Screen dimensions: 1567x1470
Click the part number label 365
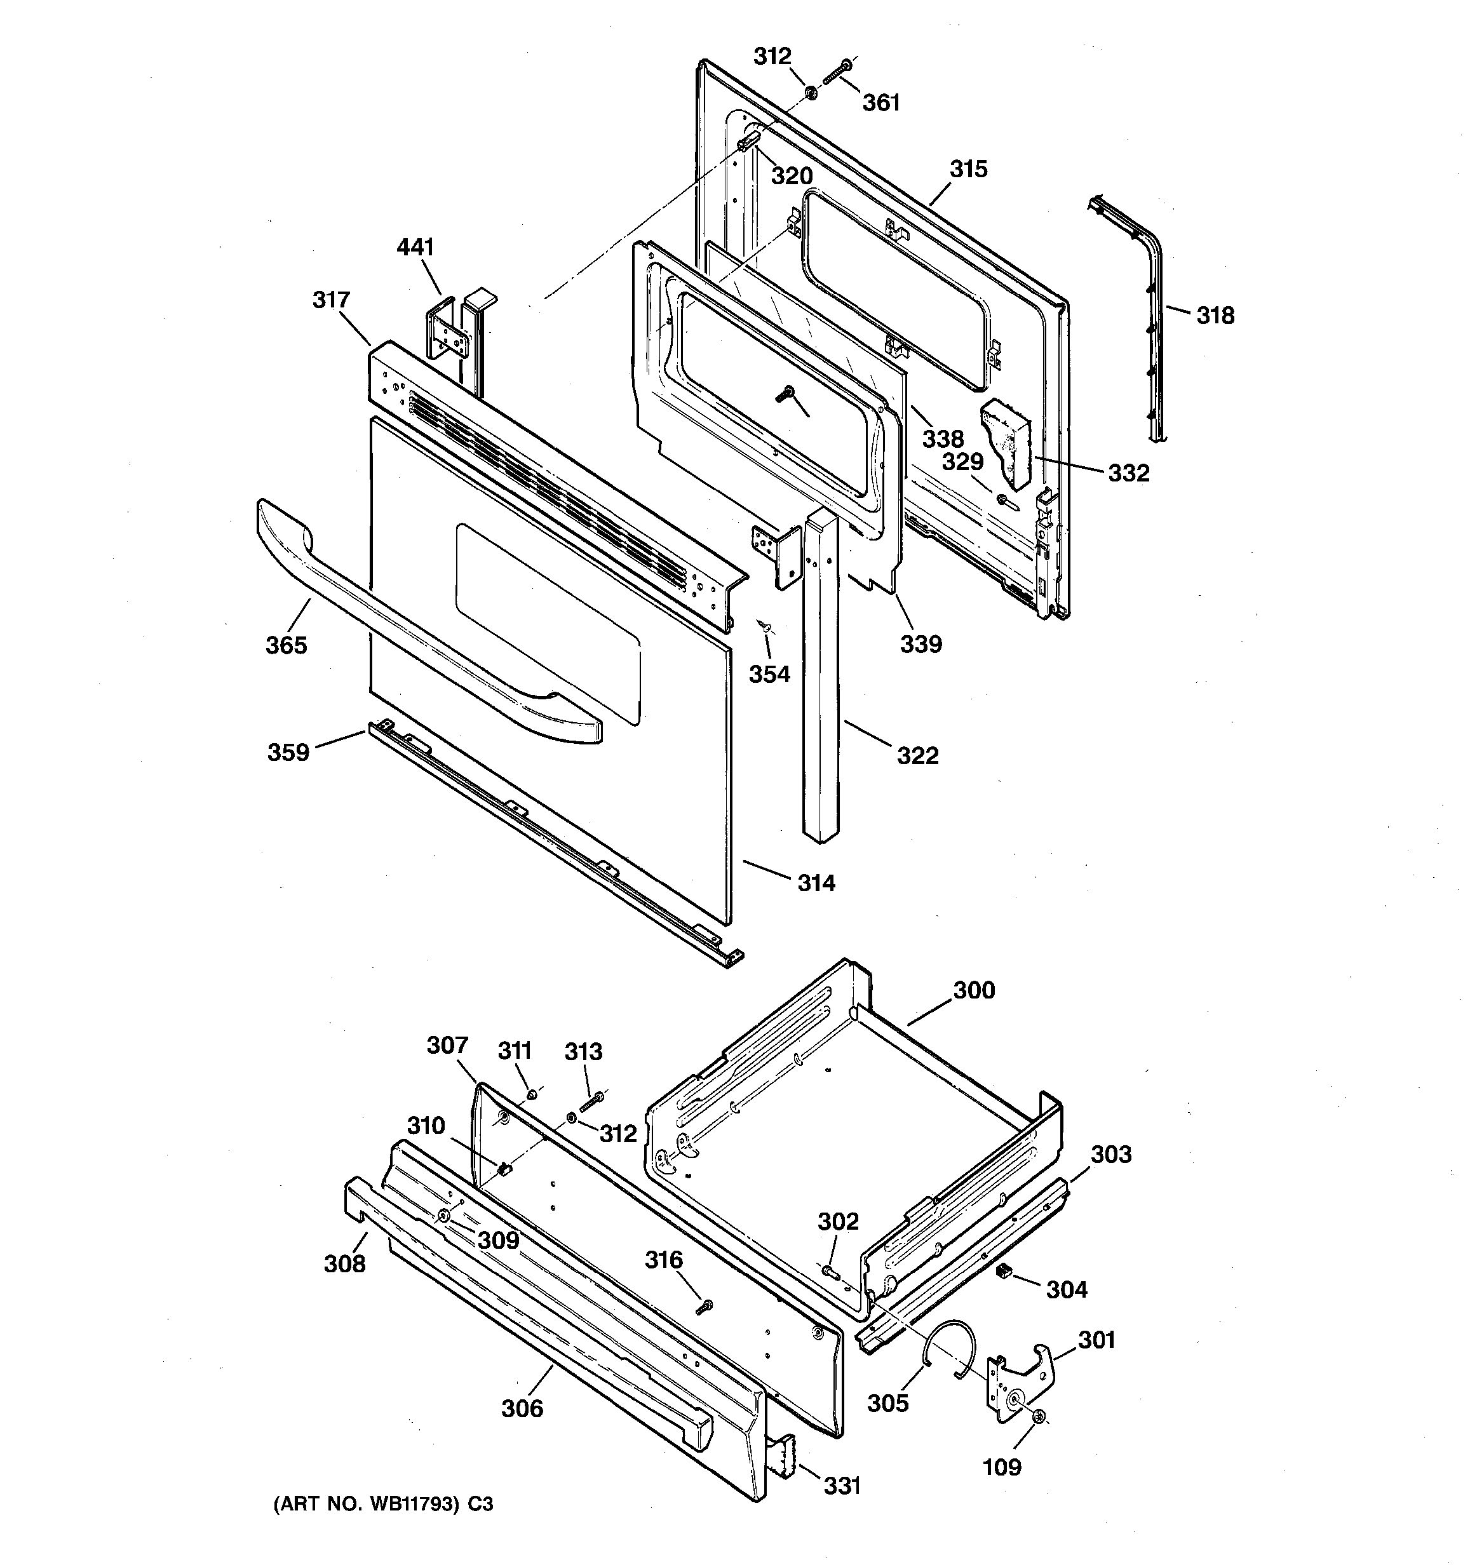pos(285,645)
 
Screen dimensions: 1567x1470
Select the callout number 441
pos(415,248)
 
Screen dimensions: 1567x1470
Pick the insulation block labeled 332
pos(1006,441)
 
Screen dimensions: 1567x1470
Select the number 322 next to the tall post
pos(917,755)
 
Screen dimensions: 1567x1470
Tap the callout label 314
pos(816,883)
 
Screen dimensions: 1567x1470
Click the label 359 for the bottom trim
pos(288,752)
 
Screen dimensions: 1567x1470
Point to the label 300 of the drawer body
pos(974,990)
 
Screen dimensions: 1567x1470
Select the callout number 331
pos(842,1486)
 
